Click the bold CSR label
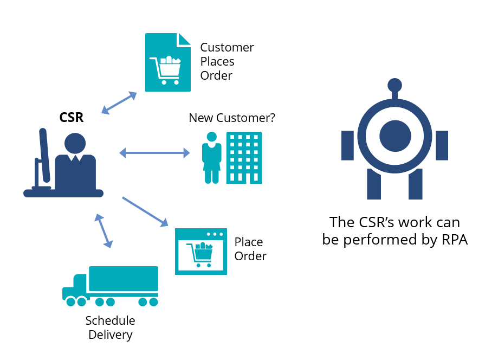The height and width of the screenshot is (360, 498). pos(72,117)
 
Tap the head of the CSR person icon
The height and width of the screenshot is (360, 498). pos(75,144)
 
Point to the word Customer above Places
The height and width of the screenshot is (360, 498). pos(227,48)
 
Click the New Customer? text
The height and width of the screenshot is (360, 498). pos(232,118)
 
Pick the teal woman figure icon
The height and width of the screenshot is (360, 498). pos(211,158)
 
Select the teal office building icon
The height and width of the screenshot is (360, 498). pos(244,157)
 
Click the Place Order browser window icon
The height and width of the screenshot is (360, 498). pos(201,252)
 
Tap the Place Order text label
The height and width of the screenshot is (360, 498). pos(250,249)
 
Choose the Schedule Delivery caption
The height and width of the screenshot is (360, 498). pos(111,327)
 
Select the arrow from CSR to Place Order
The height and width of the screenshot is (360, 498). pos(145,211)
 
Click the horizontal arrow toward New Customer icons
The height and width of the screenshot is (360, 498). pos(154,153)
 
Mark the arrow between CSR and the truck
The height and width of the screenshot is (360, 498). pos(104,230)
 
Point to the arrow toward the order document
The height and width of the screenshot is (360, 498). pos(119,103)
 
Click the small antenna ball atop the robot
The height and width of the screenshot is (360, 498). pos(394,85)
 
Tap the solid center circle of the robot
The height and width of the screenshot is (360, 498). pos(395,136)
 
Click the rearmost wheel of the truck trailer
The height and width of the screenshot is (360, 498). pos(153,302)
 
